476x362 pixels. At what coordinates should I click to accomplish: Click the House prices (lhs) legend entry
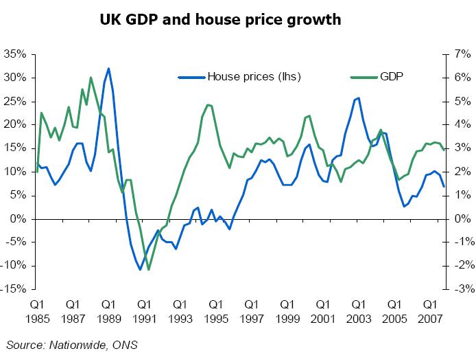click(x=254, y=77)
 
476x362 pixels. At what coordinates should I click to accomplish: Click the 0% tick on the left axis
click(x=17, y=218)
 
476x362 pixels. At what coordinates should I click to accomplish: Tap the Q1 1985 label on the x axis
click(x=37, y=309)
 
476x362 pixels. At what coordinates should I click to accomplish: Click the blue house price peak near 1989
click(x=108, y=69)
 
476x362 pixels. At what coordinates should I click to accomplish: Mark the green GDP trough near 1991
click(x=148, y=269)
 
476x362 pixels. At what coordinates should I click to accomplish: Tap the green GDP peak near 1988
click(x=91, y=78)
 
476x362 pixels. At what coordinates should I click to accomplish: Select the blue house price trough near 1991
click(x=140, y=269)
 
